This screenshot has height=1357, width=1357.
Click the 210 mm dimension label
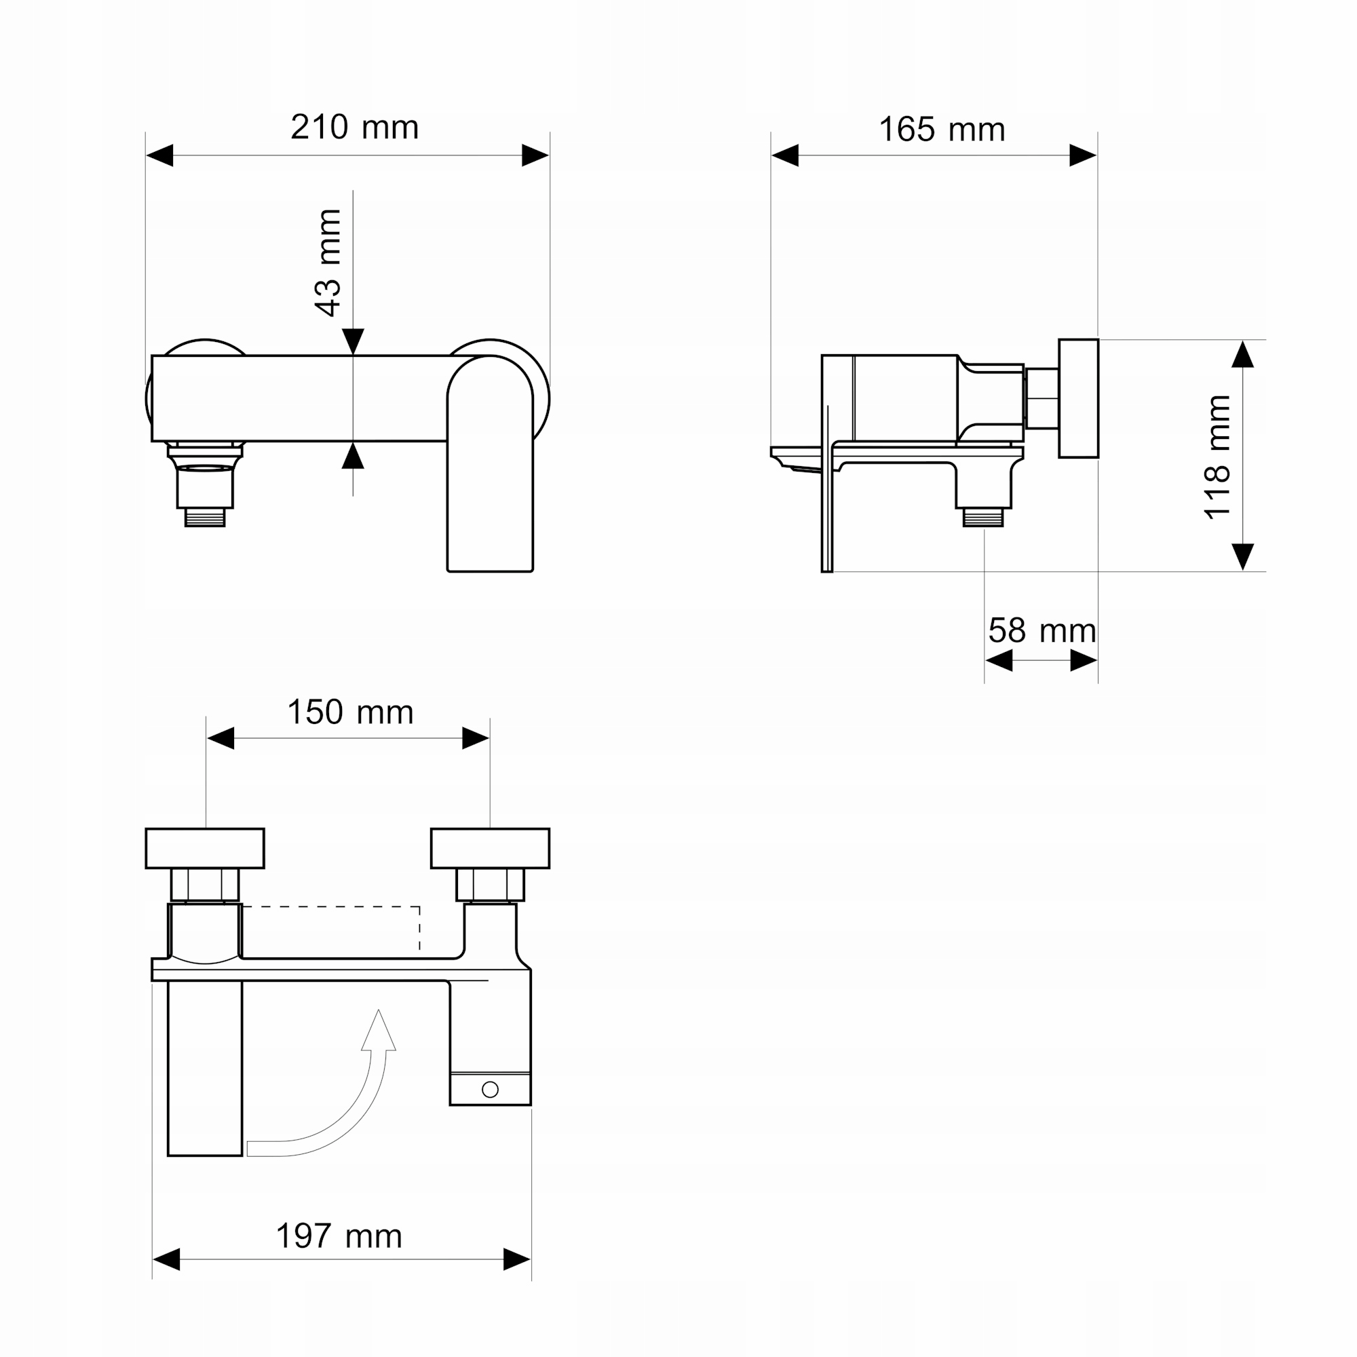point(355,127)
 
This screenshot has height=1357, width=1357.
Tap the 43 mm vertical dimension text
point(328,263)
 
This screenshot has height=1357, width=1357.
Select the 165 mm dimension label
point(942,129)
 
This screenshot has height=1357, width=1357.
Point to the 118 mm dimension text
point(1217,457)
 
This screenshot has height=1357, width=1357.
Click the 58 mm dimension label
point(1042,630)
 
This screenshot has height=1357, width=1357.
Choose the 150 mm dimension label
point(351,712)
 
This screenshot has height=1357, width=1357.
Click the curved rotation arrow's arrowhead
point(379,1031)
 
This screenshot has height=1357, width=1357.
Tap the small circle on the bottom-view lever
point(491,1090)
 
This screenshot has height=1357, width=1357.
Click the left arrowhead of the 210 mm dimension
point(159,155)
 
